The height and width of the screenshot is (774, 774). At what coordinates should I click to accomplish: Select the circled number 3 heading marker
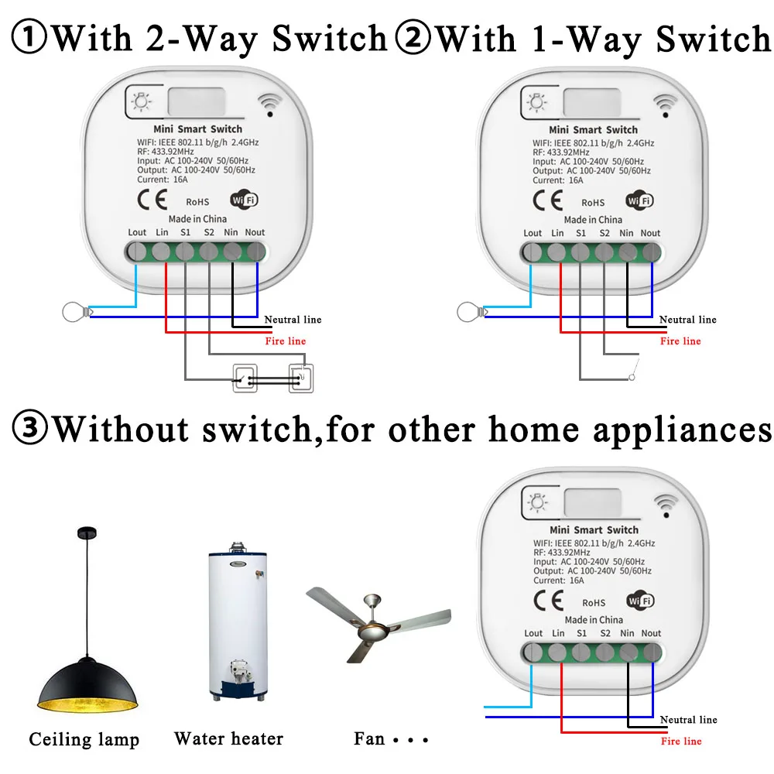[x=30, y=428]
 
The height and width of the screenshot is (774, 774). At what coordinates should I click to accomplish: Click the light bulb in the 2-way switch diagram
[x=74, y=313]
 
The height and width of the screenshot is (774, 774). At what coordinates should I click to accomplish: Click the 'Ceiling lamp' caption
[x=84, y=740]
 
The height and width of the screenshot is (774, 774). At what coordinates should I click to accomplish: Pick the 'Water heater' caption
[x=229, y=739]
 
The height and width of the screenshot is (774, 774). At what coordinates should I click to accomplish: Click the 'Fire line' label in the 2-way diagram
[x=285, y=341]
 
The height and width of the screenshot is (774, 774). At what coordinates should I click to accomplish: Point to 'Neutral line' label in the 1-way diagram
[x=687, y=320]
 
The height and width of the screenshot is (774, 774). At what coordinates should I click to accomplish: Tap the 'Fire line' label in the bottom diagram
[x=681, y=741]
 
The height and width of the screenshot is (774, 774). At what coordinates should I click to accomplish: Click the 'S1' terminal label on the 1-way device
[x=580, y=233]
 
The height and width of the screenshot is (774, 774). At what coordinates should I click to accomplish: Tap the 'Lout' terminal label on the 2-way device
[x=137, y=232]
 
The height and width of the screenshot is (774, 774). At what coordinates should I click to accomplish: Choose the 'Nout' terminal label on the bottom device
[x=651, y=633]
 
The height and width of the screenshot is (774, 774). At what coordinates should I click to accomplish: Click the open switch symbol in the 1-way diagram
[x=632, y=372]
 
